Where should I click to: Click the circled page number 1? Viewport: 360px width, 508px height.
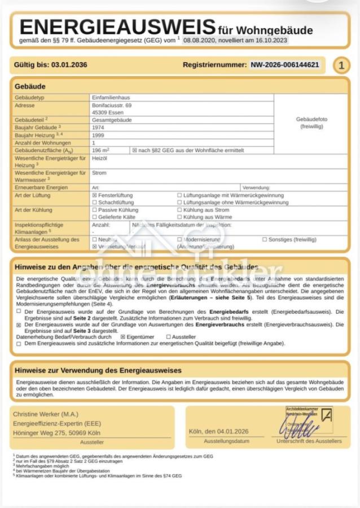point(341,65)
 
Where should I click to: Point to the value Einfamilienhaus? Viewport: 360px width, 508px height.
point(111,98)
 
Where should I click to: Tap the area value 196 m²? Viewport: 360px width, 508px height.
point(100,151)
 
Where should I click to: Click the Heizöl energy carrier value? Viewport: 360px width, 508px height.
point(99,159)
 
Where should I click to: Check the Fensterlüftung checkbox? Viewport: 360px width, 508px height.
point(94,195)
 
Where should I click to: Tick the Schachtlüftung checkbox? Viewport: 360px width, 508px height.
point(94,202)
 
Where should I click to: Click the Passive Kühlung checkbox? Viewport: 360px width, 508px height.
point(94,210)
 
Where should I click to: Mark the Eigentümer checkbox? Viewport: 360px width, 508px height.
point(123,336)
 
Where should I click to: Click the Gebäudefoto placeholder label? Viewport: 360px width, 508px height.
point(311,123)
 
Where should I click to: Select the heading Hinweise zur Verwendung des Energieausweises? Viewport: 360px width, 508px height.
point(98,370)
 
